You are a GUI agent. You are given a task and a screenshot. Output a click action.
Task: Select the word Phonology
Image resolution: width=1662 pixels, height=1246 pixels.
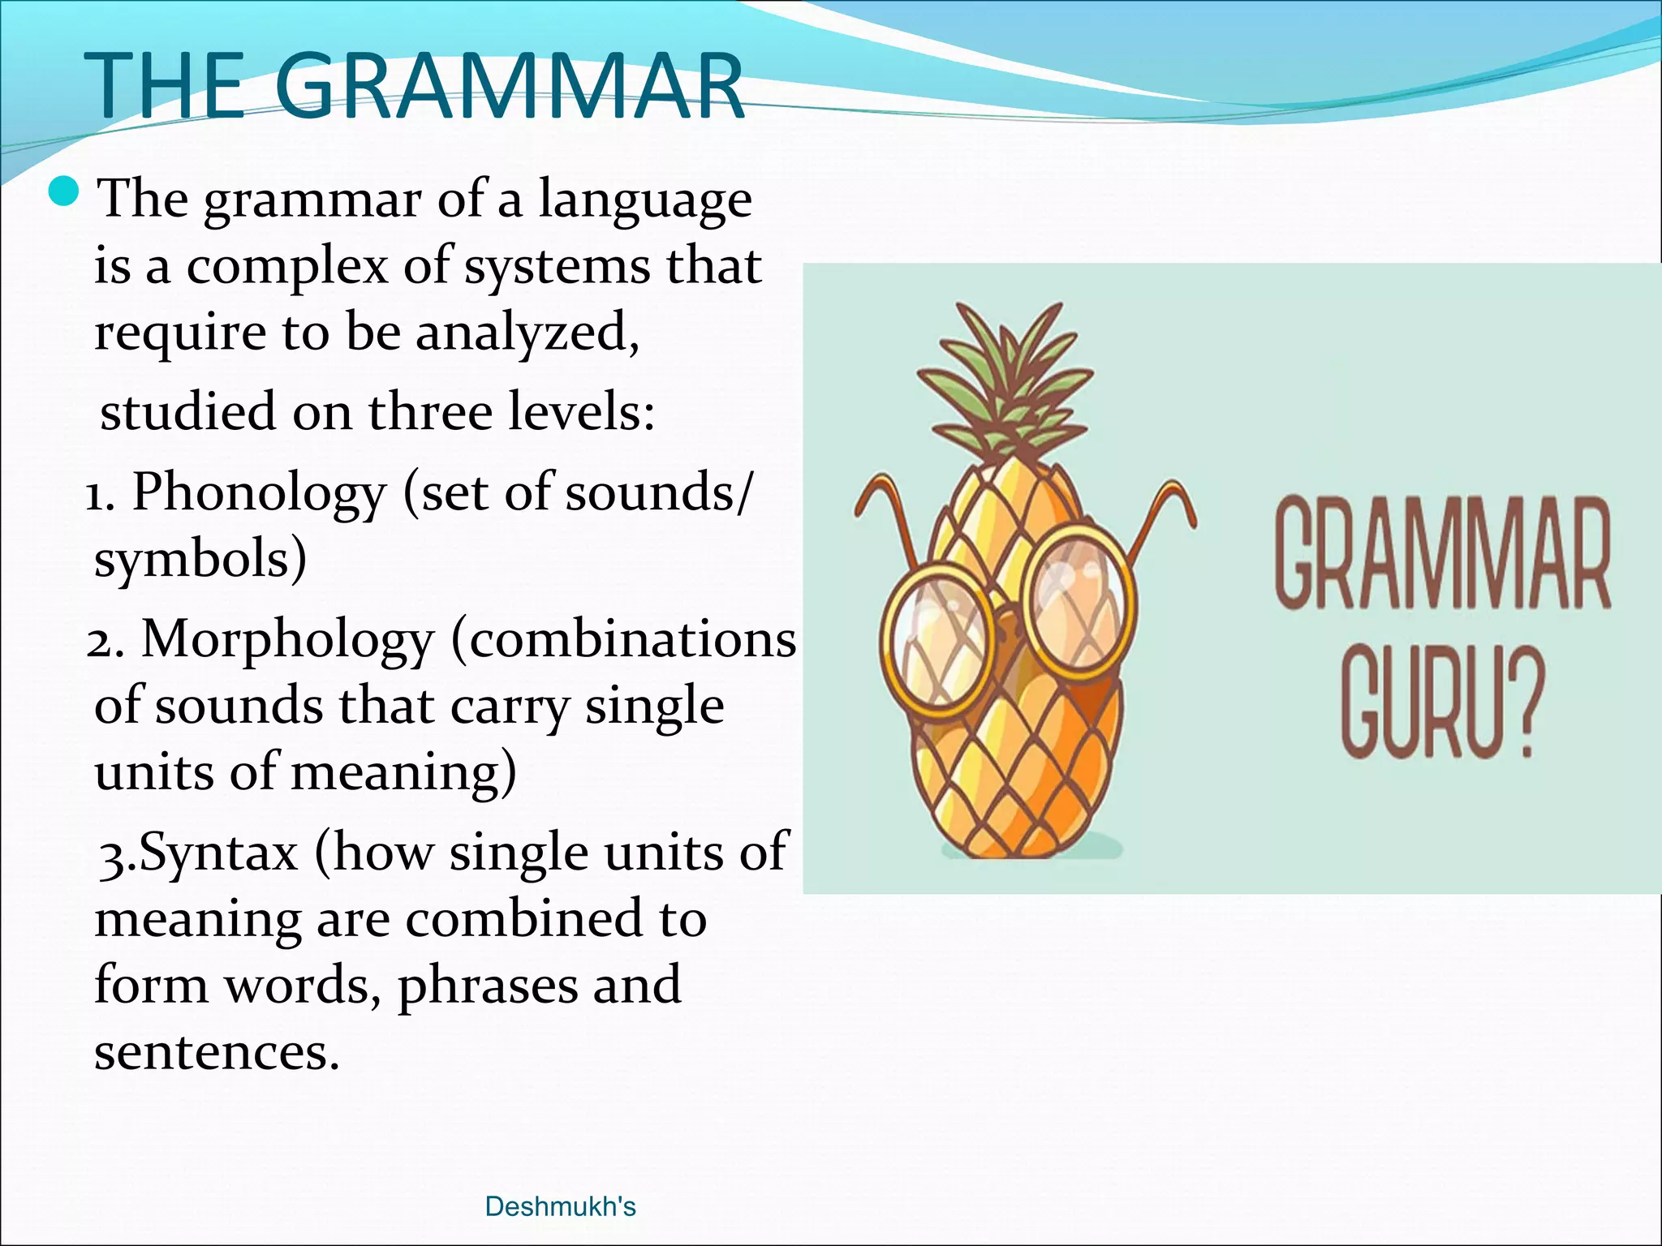point(259,493)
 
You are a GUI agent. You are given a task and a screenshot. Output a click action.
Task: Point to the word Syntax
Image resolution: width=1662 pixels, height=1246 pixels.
point(218,853)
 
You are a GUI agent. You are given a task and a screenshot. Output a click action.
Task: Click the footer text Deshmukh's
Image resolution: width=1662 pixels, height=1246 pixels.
point(560,1206)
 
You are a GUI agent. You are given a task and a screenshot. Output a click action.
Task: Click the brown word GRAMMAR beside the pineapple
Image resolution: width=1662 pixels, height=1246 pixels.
point(1442,556)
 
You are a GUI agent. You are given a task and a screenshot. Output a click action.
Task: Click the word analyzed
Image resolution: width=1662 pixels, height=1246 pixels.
point(527,333)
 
